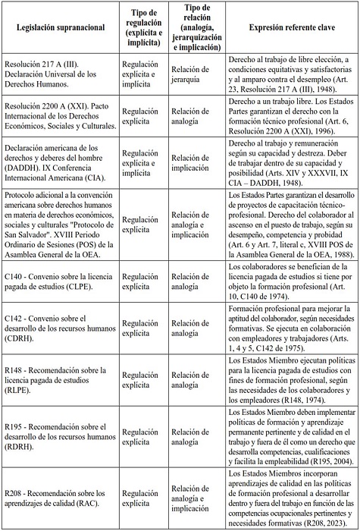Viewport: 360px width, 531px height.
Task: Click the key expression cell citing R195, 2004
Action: click(x=292, y=432)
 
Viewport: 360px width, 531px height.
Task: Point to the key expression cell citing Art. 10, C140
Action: click(x=292, y=283)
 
